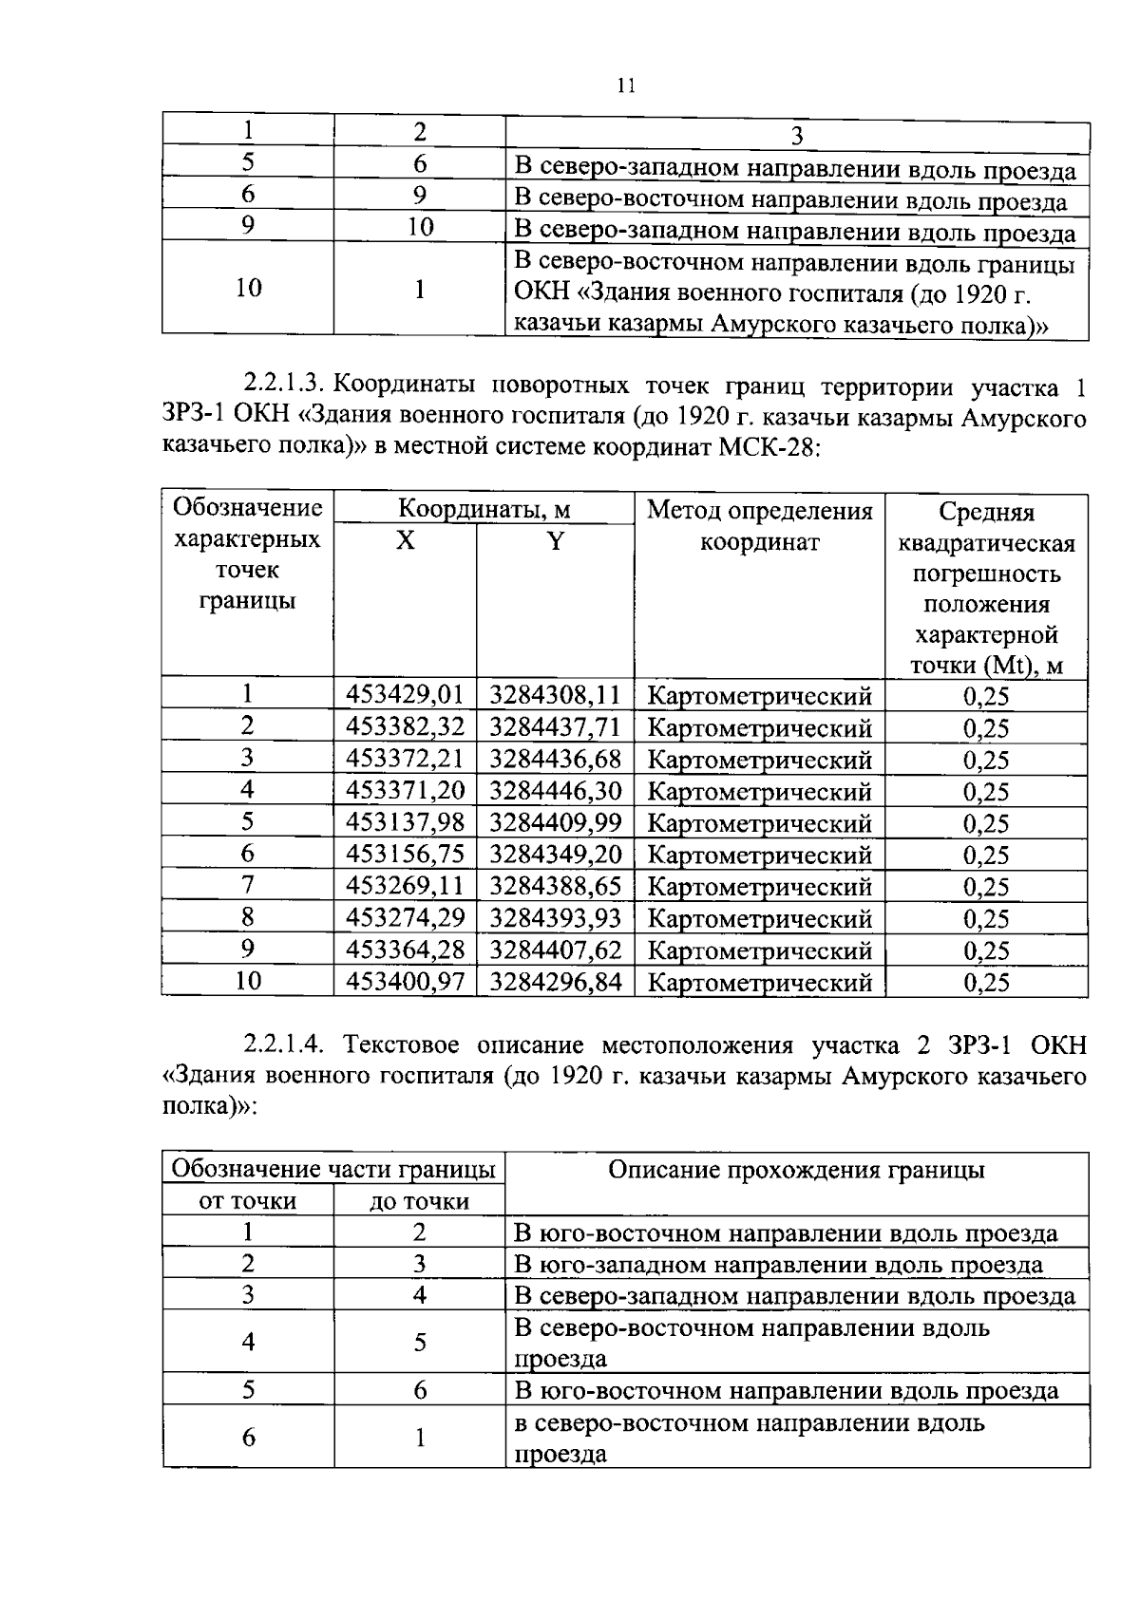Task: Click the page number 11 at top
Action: pyautogui.click(x=625, y=85)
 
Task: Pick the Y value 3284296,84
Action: pyautogui.click(x=555, y=981)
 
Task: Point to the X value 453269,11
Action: pyautogui.click(x=405, y=886)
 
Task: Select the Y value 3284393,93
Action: pyautogui.click(x=555, y=917)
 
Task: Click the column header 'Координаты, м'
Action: pyautogui.click(x=484, y=510)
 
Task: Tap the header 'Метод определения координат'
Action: pyautogui.click(x=759, y=526)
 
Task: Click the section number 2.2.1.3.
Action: pyautogui.click(x=285, y=386)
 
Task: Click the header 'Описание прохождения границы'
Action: pyautogui.click(x=796, y=1170)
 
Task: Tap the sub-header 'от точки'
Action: pyautogui.click(x=247, y=1201)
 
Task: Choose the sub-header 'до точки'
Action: pyautogui.click(x=419, y=1201)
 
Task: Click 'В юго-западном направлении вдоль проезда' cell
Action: pyautogui.click(x=778, y=1265)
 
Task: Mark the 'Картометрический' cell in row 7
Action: pyautogui.click(x=759, y=886)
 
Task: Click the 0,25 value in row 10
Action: pyautogui.click(x=986, y=982)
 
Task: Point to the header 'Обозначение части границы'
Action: pyautogui.click(x=332, y=1169)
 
